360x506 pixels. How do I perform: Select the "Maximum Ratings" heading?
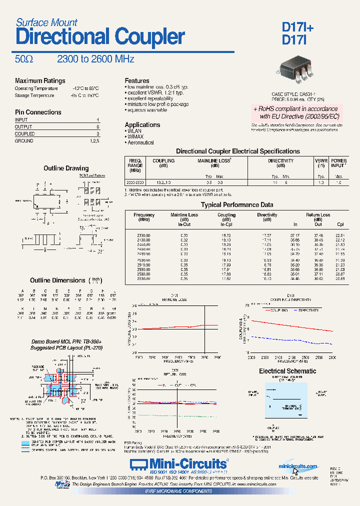(40, 81)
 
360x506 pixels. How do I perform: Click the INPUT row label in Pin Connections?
(21, 120)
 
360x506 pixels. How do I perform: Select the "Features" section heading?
(137, 81)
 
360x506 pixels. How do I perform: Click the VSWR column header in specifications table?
(321, 161)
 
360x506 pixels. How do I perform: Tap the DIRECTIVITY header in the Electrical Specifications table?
(280, 161)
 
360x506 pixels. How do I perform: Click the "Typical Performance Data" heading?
(237, 205)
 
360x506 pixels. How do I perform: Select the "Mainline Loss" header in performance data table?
(184, 215)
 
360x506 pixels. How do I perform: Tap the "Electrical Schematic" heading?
(287, 371)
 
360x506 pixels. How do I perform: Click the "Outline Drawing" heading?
(66, 168)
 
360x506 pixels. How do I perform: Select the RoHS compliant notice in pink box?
(295, 112)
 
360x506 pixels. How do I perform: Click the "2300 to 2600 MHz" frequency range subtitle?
(95, 59)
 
